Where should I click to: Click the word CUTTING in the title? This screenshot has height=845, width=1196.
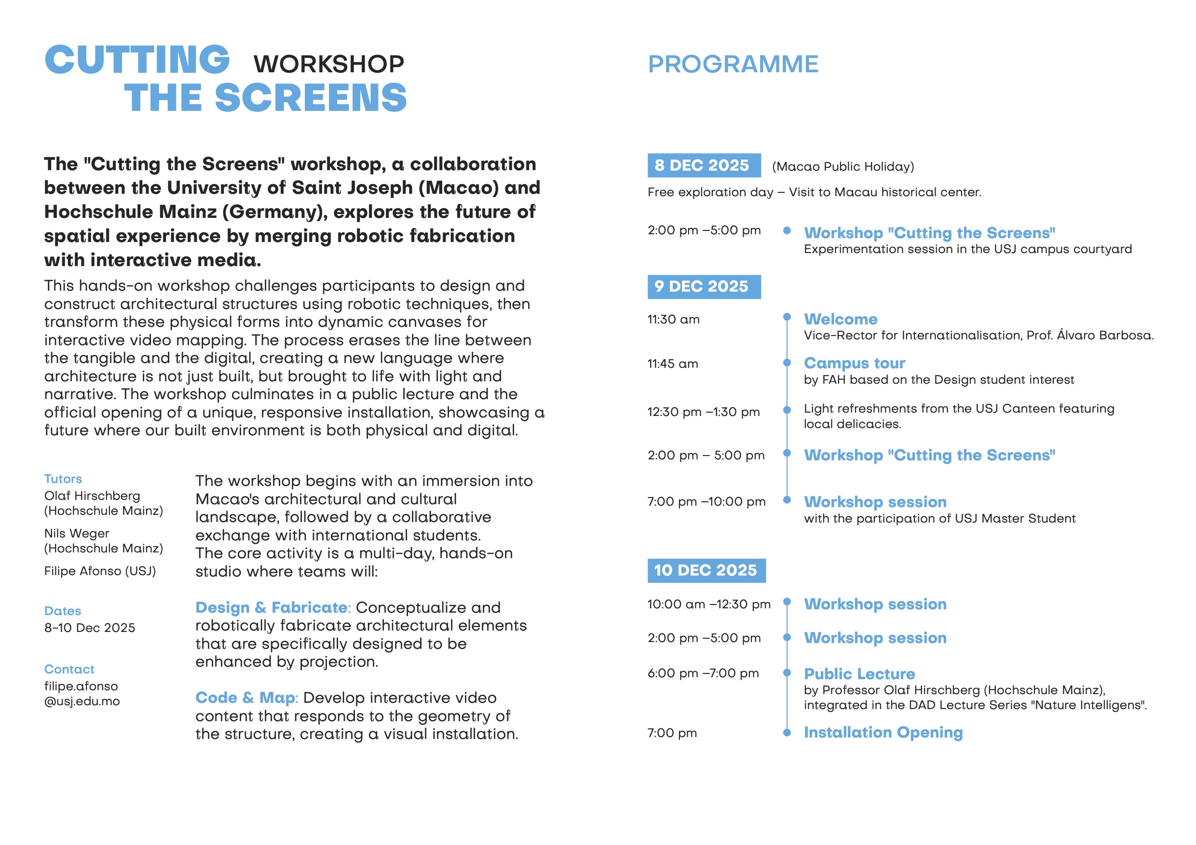137,59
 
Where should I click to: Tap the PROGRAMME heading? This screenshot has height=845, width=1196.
733,65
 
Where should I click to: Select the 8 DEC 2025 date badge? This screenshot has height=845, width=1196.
703,165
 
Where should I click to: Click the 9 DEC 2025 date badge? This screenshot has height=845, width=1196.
703,287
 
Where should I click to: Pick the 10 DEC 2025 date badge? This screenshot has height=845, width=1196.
706,571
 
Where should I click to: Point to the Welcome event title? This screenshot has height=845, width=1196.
840,319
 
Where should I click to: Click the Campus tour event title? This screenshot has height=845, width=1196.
854,363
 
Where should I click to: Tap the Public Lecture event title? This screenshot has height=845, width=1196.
859,674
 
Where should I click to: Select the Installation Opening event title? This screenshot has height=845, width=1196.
883,733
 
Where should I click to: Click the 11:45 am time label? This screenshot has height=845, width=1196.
672,364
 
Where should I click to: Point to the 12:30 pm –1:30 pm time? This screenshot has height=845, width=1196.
703,412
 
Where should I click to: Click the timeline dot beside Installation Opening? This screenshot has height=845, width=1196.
787,733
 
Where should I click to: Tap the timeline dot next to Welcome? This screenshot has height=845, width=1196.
787,317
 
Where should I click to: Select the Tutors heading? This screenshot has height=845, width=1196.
63,479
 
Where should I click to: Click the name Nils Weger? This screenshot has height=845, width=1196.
77,534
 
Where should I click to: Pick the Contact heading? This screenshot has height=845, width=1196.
69,670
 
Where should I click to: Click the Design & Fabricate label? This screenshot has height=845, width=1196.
272,607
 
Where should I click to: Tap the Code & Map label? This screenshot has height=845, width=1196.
245,697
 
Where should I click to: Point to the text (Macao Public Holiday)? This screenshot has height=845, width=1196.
843,167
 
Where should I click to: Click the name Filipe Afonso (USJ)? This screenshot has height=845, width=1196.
100,571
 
